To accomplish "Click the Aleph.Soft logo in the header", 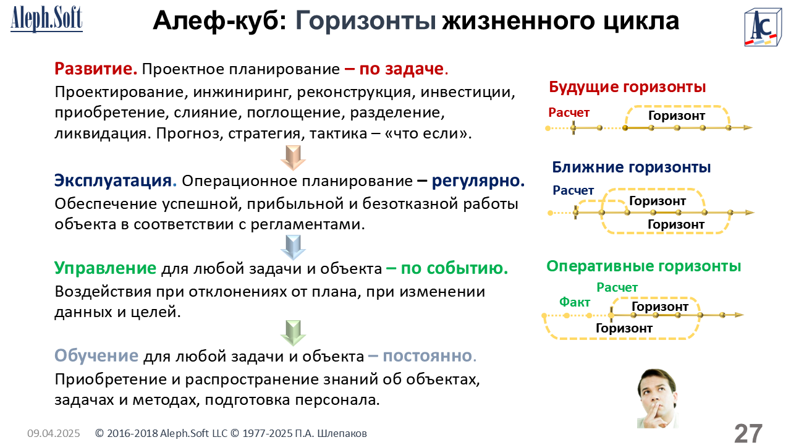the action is tap(46, 19).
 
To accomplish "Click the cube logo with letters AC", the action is tap(763, 28).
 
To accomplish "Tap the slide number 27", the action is tap(748, 433).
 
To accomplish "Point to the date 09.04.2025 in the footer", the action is tap(54, 433).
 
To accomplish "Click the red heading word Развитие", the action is tap(96, 69).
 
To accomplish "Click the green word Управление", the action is tap(105, 268).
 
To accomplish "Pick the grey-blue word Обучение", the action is tap(96, 355).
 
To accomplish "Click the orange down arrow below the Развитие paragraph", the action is tap(293, 158).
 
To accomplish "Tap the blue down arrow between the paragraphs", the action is tap(293, 247).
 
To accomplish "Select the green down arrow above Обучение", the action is tap(293, 333).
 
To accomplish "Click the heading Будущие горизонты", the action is tap(627, 87).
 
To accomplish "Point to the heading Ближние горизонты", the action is tap(632, 167).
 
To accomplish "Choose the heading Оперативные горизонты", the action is tap(643, 266).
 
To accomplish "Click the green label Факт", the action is tap(575, 302).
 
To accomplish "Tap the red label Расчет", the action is tap(569, 112).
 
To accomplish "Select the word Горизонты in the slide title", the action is tap(366, 21).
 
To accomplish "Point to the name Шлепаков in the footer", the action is tap(342, 433).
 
